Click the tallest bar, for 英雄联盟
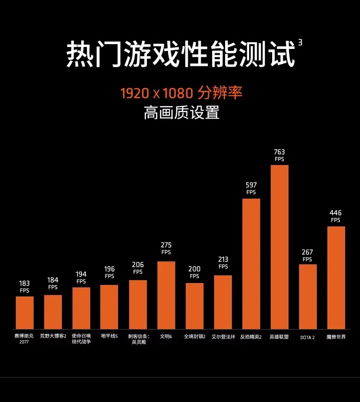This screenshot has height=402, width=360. tap(279, 247)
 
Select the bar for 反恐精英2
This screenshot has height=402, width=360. tap(251, 264)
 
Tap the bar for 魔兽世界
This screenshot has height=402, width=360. tap(336, 278)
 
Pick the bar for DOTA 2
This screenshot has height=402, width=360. tap(308, 296)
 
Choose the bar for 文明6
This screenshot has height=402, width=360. tap(166, 296)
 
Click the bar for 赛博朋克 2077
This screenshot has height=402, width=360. tap(24, 313)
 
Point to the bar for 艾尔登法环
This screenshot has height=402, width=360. tap(223, 302)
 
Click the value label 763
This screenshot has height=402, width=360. tap(279, 152)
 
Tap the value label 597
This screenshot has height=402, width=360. tap(251, 185)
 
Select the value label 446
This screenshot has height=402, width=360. tap(336, 213)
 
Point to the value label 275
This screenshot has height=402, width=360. tap(166, 245)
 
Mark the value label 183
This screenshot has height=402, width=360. tap(24, 284)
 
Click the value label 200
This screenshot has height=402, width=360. tap(194, 269)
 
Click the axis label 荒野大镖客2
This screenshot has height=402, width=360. tap(53, 336)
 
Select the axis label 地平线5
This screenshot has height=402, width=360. tap(109, 336)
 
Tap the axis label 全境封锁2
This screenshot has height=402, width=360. tap(195, 336)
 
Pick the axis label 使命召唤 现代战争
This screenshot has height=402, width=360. tap(81, 339)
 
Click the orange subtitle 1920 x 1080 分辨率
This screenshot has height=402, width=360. tap(181, 93)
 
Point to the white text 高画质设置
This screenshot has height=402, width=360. tap(181, 112)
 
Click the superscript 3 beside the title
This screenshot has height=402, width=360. tap(300, 42)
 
